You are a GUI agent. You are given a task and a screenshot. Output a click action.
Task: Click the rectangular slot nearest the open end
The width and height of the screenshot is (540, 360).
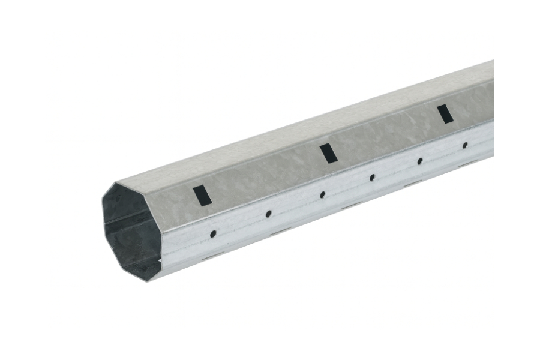[x=202, y=196]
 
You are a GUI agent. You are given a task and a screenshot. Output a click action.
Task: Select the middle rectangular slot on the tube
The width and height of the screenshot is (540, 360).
[x=328, y=153]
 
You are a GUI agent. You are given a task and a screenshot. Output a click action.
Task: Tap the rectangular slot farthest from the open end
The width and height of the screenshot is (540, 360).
[x=445, y=113]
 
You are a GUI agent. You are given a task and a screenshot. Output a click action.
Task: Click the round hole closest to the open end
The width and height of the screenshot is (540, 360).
[x=213, y=233]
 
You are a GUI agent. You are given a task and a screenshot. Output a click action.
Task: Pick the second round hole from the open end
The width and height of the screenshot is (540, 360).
[x=268, y=214]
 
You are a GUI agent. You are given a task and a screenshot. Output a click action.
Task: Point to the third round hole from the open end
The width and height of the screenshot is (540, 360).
[x=322, y=194]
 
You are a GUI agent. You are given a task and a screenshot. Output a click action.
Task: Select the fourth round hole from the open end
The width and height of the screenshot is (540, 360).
[x=372, y=178]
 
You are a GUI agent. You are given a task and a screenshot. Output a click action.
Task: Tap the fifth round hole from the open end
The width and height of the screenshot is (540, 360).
[x=419, y=161]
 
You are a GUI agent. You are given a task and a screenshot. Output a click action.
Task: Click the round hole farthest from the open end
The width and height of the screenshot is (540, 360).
[x=464, y=145]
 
